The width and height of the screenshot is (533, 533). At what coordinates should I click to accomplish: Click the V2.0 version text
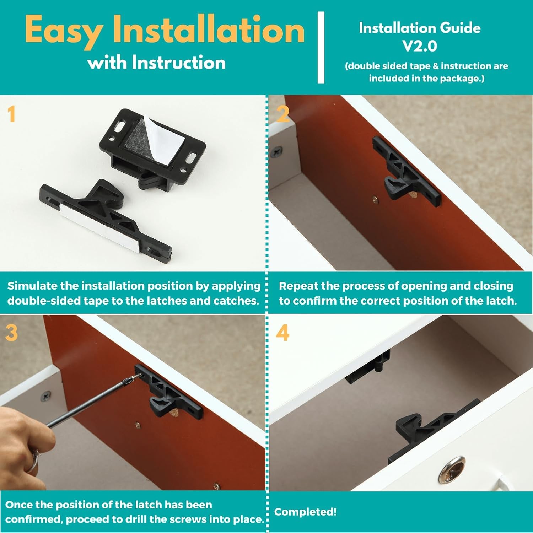pos(419,46)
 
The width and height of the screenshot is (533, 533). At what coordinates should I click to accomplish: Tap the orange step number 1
pos(12,114)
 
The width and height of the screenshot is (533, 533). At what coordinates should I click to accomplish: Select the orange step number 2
pos(283,114)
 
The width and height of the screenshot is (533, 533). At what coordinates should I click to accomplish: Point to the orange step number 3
pos(12,333)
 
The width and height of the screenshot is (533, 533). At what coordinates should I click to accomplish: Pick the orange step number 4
pos(282,333)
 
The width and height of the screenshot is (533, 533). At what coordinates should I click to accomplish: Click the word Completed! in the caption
pos(305,512)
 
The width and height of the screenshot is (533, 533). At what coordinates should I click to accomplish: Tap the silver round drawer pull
pos(452,470)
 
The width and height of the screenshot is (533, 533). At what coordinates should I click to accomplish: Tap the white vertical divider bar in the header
pos(321,47)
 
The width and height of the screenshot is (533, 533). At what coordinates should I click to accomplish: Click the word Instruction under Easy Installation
pos(178,63)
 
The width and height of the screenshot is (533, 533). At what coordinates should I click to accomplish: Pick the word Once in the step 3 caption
pos(20,505)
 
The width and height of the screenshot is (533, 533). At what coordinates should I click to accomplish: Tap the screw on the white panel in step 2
pos(276,152)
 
